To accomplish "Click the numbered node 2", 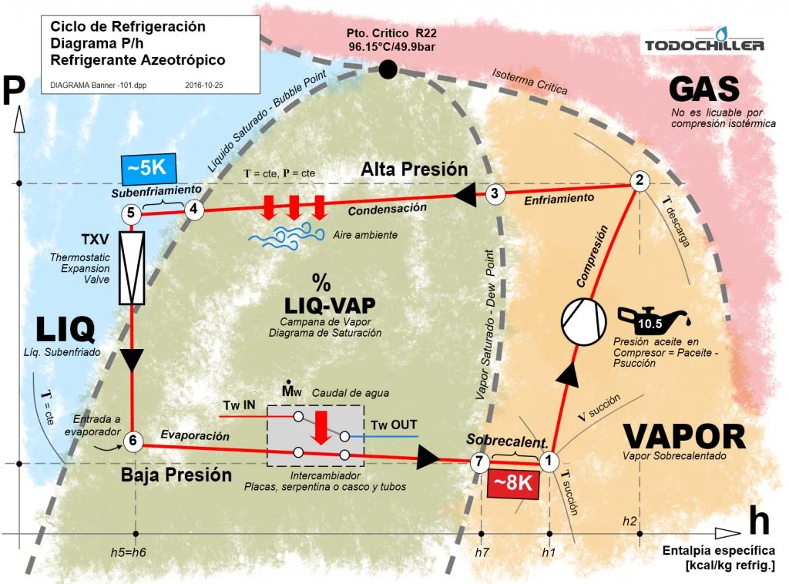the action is tap(640, 180).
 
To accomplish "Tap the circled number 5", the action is tap(131, 213).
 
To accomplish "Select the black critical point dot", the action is tap(388, 69).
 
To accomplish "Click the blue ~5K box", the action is tap(149, 169).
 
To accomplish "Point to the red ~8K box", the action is tap(513, 483).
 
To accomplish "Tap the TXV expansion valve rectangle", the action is tap(132, 267).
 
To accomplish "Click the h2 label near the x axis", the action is tap(630, 521).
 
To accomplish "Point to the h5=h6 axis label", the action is tap(129, 552).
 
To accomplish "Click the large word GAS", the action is tap(704, 89).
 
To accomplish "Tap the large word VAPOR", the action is tap(684, 436).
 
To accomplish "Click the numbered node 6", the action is tap(133, 441).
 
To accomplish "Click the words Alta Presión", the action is tap(414, 169).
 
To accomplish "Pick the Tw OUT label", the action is tap(394, 425).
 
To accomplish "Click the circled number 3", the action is tap(495, 193).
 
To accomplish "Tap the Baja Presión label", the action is tap(176, 475).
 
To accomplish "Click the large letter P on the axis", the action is tap(14, 89).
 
